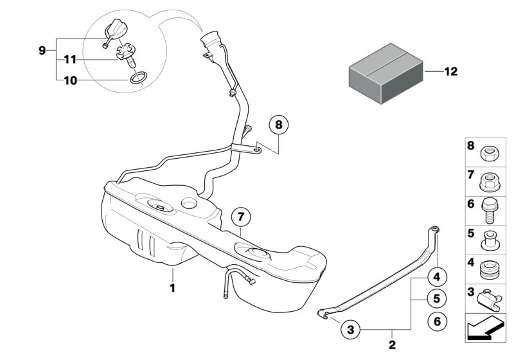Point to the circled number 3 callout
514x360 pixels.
point(350,330)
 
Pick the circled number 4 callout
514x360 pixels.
point(436,278)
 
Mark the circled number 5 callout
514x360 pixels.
point(436,299)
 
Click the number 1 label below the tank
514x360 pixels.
point(172,289)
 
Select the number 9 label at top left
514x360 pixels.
point(42,50)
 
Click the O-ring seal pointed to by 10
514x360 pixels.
point(137,80)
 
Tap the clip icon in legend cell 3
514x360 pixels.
point(488,297)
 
